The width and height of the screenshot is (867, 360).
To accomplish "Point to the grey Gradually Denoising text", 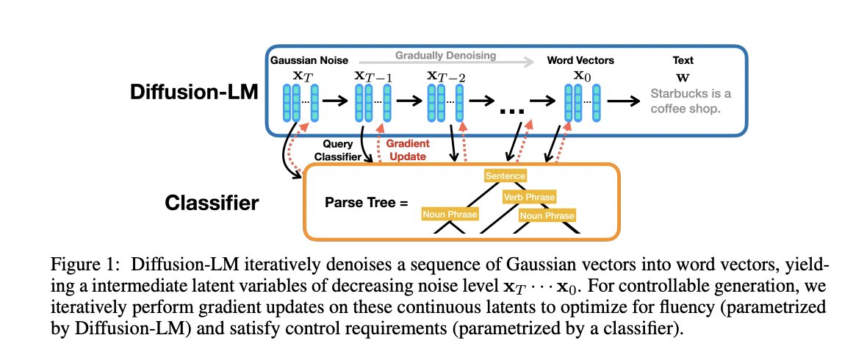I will point(446,55).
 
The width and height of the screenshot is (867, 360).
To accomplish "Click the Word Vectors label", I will point(582,61).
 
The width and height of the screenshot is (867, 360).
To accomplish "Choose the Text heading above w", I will point(683,61).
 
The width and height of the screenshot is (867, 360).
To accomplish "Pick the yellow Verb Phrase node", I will point(529,197).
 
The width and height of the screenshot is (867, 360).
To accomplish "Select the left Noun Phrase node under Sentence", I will point(450,215).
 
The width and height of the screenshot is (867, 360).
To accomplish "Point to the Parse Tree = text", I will point(365,201).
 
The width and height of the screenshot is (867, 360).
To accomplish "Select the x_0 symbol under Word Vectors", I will point(581,75).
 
